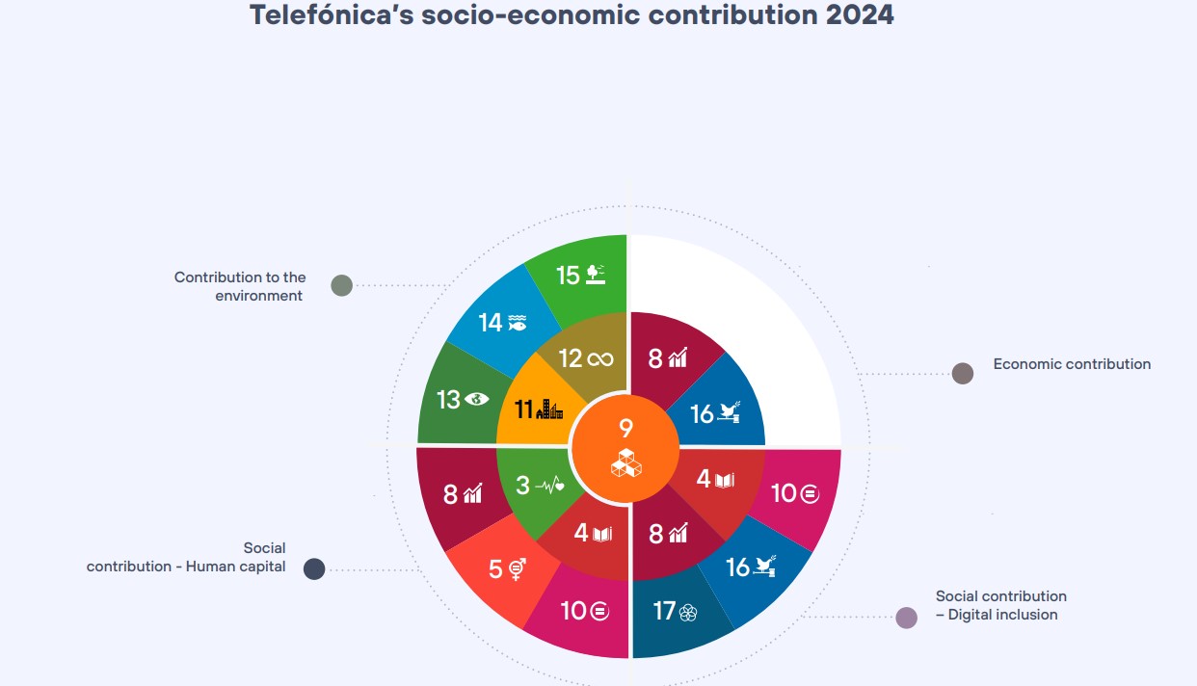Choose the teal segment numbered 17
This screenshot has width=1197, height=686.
point(674,613)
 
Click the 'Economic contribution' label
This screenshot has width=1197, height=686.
point(1072,364)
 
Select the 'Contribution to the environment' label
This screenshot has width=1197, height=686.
point(240,286)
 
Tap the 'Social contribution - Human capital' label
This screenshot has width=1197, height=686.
point(186,558)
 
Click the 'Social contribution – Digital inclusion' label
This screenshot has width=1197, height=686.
point(1000,605)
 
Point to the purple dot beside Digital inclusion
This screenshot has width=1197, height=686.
point(906,618)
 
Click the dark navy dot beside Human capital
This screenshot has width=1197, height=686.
point(314,568)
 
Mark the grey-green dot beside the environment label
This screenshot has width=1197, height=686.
point(341,285)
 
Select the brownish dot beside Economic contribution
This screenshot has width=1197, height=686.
point(962,374)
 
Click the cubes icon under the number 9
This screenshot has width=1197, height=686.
point(626,463)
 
